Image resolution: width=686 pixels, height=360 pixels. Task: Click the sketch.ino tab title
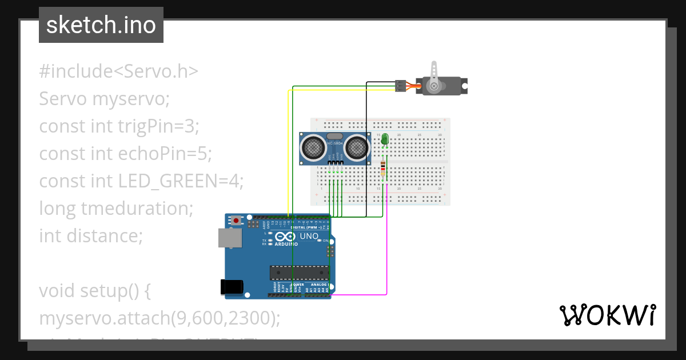(101, 25)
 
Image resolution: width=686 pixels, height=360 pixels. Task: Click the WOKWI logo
(607, 315)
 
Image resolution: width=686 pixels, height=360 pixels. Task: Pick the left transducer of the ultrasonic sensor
(313, 148)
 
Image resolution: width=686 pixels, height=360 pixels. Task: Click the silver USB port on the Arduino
(230, 238)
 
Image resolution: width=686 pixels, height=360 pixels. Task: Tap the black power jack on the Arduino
(233, 287)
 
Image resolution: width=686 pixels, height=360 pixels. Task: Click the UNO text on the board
(309, 236)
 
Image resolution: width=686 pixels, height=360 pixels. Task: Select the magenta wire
(387, 251)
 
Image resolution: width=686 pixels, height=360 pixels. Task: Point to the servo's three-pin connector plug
(401, 86)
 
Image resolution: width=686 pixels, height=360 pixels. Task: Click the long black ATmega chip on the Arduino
(300, 274)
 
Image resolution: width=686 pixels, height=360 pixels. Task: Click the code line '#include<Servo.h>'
(119, 71)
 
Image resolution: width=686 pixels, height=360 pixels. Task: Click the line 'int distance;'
(90, 235)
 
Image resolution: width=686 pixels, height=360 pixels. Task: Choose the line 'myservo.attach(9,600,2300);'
(159, 318)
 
